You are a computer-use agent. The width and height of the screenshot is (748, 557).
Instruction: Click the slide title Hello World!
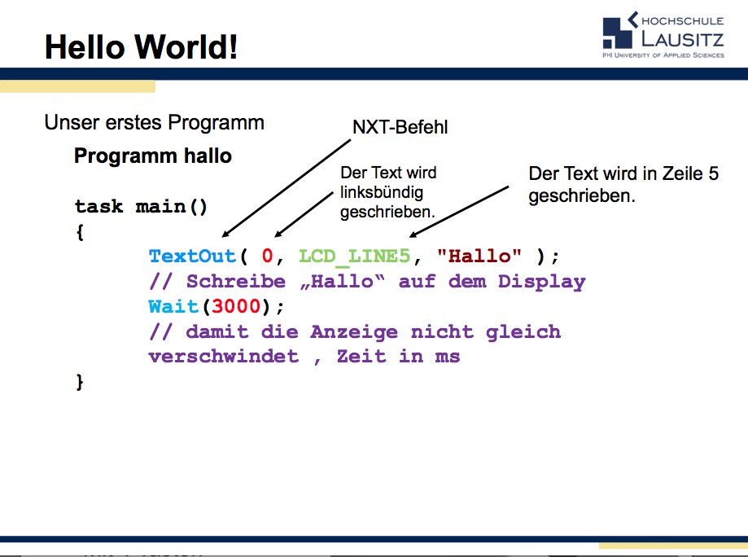click(141, 46)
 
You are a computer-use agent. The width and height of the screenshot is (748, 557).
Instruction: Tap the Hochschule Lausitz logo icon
click(619, 33)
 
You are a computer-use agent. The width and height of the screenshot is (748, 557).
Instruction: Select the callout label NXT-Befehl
click(400, 127)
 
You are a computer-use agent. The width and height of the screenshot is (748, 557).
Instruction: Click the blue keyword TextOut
click(192, 257)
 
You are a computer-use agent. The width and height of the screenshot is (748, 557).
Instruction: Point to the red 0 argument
click(267, 257)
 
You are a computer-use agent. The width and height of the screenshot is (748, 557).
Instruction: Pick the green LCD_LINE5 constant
click(354, 257)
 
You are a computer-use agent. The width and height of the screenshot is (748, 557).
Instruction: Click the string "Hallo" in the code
click(479, 257)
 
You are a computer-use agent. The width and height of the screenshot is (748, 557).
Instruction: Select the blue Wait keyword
click(173, 307)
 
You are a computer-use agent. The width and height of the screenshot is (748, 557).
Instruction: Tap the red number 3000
click(236, 307)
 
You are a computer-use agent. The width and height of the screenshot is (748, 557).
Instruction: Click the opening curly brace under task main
click(80, 232)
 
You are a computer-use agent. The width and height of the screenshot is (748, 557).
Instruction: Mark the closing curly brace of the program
click(80, 382)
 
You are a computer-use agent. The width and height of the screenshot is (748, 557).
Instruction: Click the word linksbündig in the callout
click(382, 193)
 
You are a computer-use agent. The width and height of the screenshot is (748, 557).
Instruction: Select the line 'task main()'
click(141, 207)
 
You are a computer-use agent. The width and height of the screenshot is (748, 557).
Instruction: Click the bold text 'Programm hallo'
click(153, 156)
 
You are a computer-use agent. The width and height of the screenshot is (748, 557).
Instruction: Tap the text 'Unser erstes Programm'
click(154, 123)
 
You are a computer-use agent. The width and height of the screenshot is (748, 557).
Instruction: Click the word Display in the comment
click(541, 282)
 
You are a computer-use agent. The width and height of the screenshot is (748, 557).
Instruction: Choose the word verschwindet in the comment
click(223, 357)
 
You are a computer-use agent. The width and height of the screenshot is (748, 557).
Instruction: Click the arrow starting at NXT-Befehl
click(285, 187)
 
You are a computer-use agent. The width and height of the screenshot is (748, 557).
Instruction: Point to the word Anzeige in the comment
click(354, 332)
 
